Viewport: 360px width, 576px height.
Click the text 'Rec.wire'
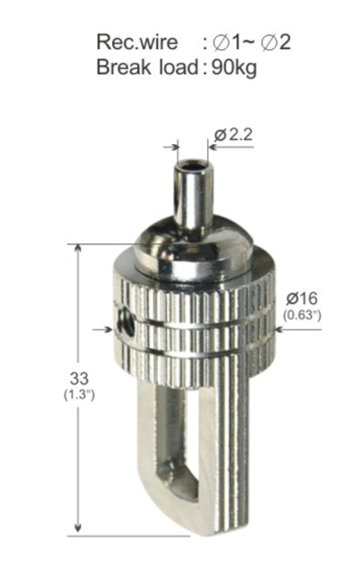point(137,42)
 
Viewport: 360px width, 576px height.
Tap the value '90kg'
point(234,68)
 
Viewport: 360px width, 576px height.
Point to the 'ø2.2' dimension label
point(233,136)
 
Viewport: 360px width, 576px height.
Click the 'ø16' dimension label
point(302,298)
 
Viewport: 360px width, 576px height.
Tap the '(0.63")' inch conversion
point(302,315)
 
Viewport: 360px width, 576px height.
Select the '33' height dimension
point(79,378)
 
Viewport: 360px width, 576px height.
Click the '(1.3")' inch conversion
point(80,395)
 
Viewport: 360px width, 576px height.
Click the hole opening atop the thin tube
point(194,164)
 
